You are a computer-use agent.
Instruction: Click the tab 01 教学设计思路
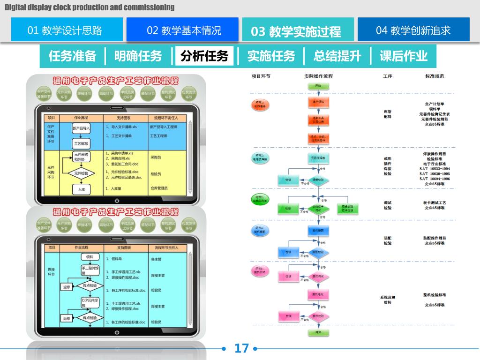pyautogui.click(x=67, y=30)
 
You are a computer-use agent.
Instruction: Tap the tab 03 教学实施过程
pyautogui.click(x=297, y=31)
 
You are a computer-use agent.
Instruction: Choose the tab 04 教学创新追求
pyautogui.click(x=413, y=30)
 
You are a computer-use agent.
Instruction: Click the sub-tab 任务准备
pyautogui.click(x=72, y=56)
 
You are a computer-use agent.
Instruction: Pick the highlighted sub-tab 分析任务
pyautogui.click(x=204, y=56)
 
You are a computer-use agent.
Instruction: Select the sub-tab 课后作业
pyautogui.click(x=403, y=56)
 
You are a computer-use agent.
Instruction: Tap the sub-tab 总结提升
pyautogui.click(x=337, y=56)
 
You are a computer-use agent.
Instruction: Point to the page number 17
pyautogui.click(x=241, y=348)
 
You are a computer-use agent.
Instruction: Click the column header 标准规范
pyautogui.click(x=435, y=76)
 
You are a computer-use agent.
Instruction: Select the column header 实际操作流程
pyautogui.click(x=318, y=76)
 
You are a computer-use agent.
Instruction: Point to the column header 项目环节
pyautogui.click(x=261, y=76)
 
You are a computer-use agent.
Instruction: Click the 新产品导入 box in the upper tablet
pyautogui.click(x=81, y=127)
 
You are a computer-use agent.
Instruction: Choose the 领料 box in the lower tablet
pyautogui.click(x=90, y=257)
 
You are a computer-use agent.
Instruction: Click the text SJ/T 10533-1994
pyautogui.click(x=435, y=169)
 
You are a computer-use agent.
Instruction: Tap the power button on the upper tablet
pyautogui.click(x=117, y=201)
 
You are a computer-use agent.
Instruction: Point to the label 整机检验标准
pyautogui.click(x=435, y=295)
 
